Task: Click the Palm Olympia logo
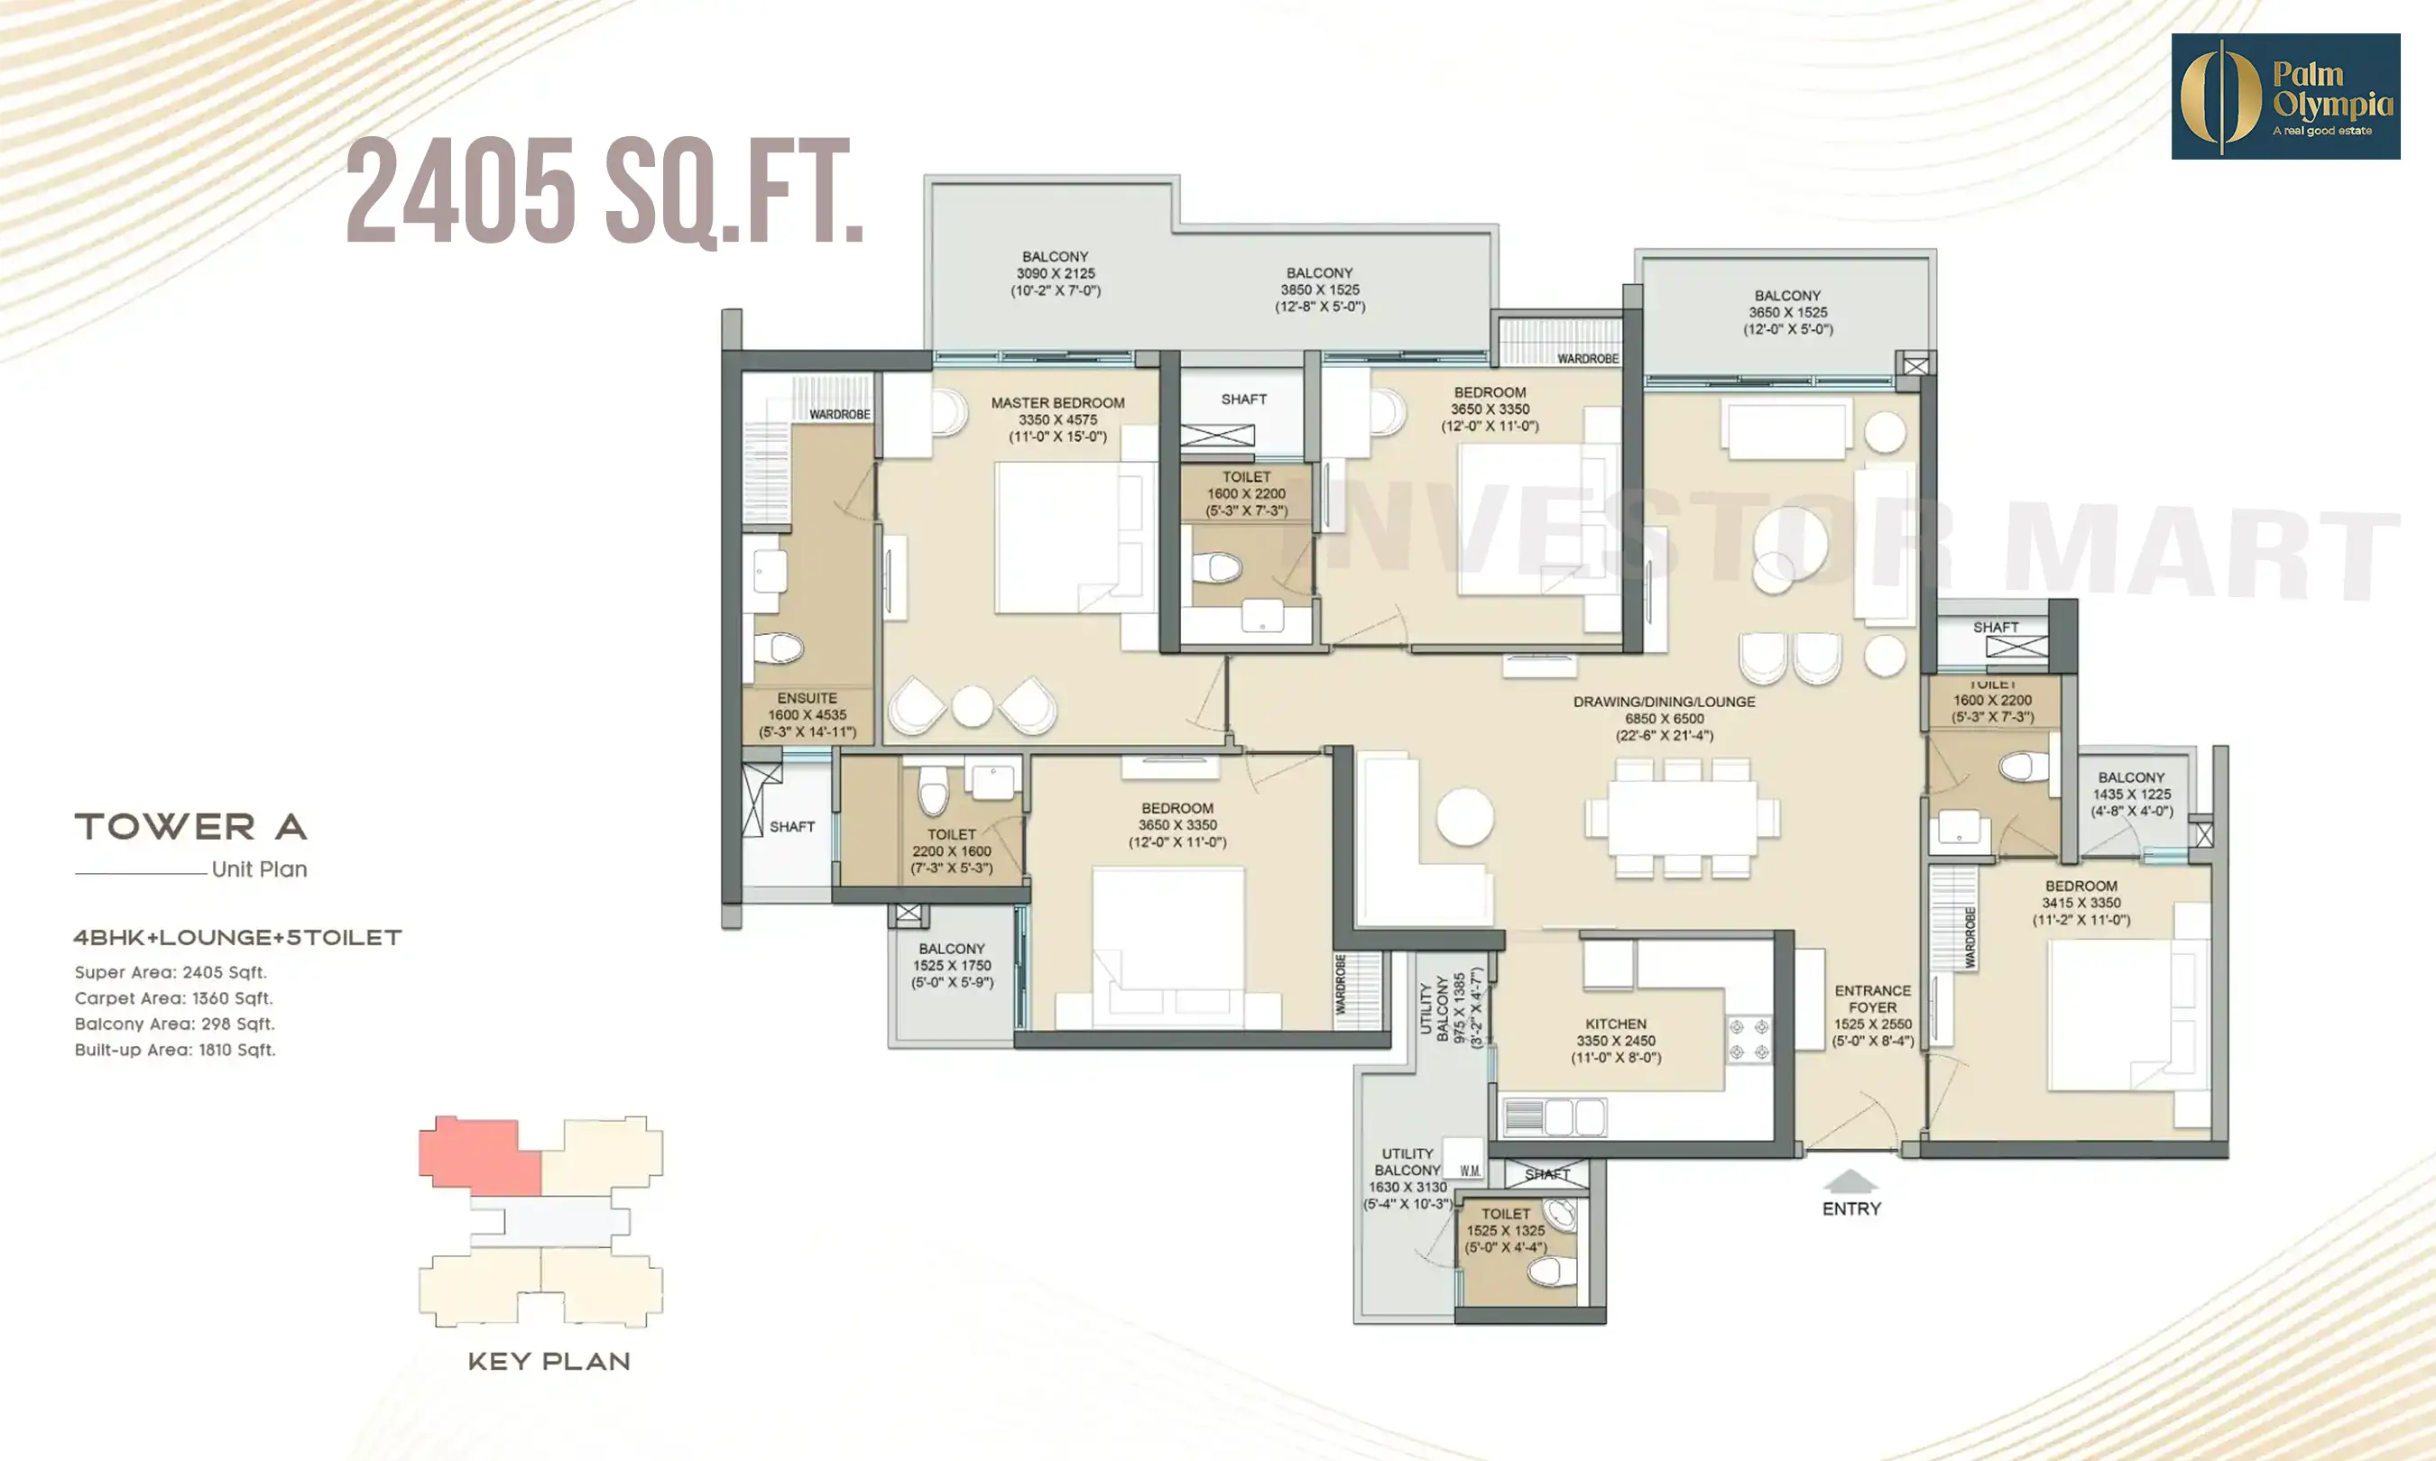[x=2284, y=96]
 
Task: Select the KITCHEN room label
[x=1616, y=1024]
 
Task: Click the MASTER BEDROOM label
[x=1057, y=402]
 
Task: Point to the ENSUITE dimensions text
[x=807, y=723]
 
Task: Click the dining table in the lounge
[x=1682, y=817]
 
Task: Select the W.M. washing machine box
[x=1469, y=1171]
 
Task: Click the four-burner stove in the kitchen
[x=1749, y=1040]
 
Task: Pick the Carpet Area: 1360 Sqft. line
[x=174, y=998]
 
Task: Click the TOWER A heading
[x=191, y=827]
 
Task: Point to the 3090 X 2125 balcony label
[x=1056, y=273]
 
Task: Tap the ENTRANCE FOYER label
[x=1872, y=999]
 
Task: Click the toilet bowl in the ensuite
[x=779, y=648]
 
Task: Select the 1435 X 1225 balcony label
[x=2132, y=795]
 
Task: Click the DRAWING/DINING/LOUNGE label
[x=1664, y=702]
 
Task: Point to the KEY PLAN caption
[x=549, y=1362]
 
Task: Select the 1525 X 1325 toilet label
[x=1506, y=1231]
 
